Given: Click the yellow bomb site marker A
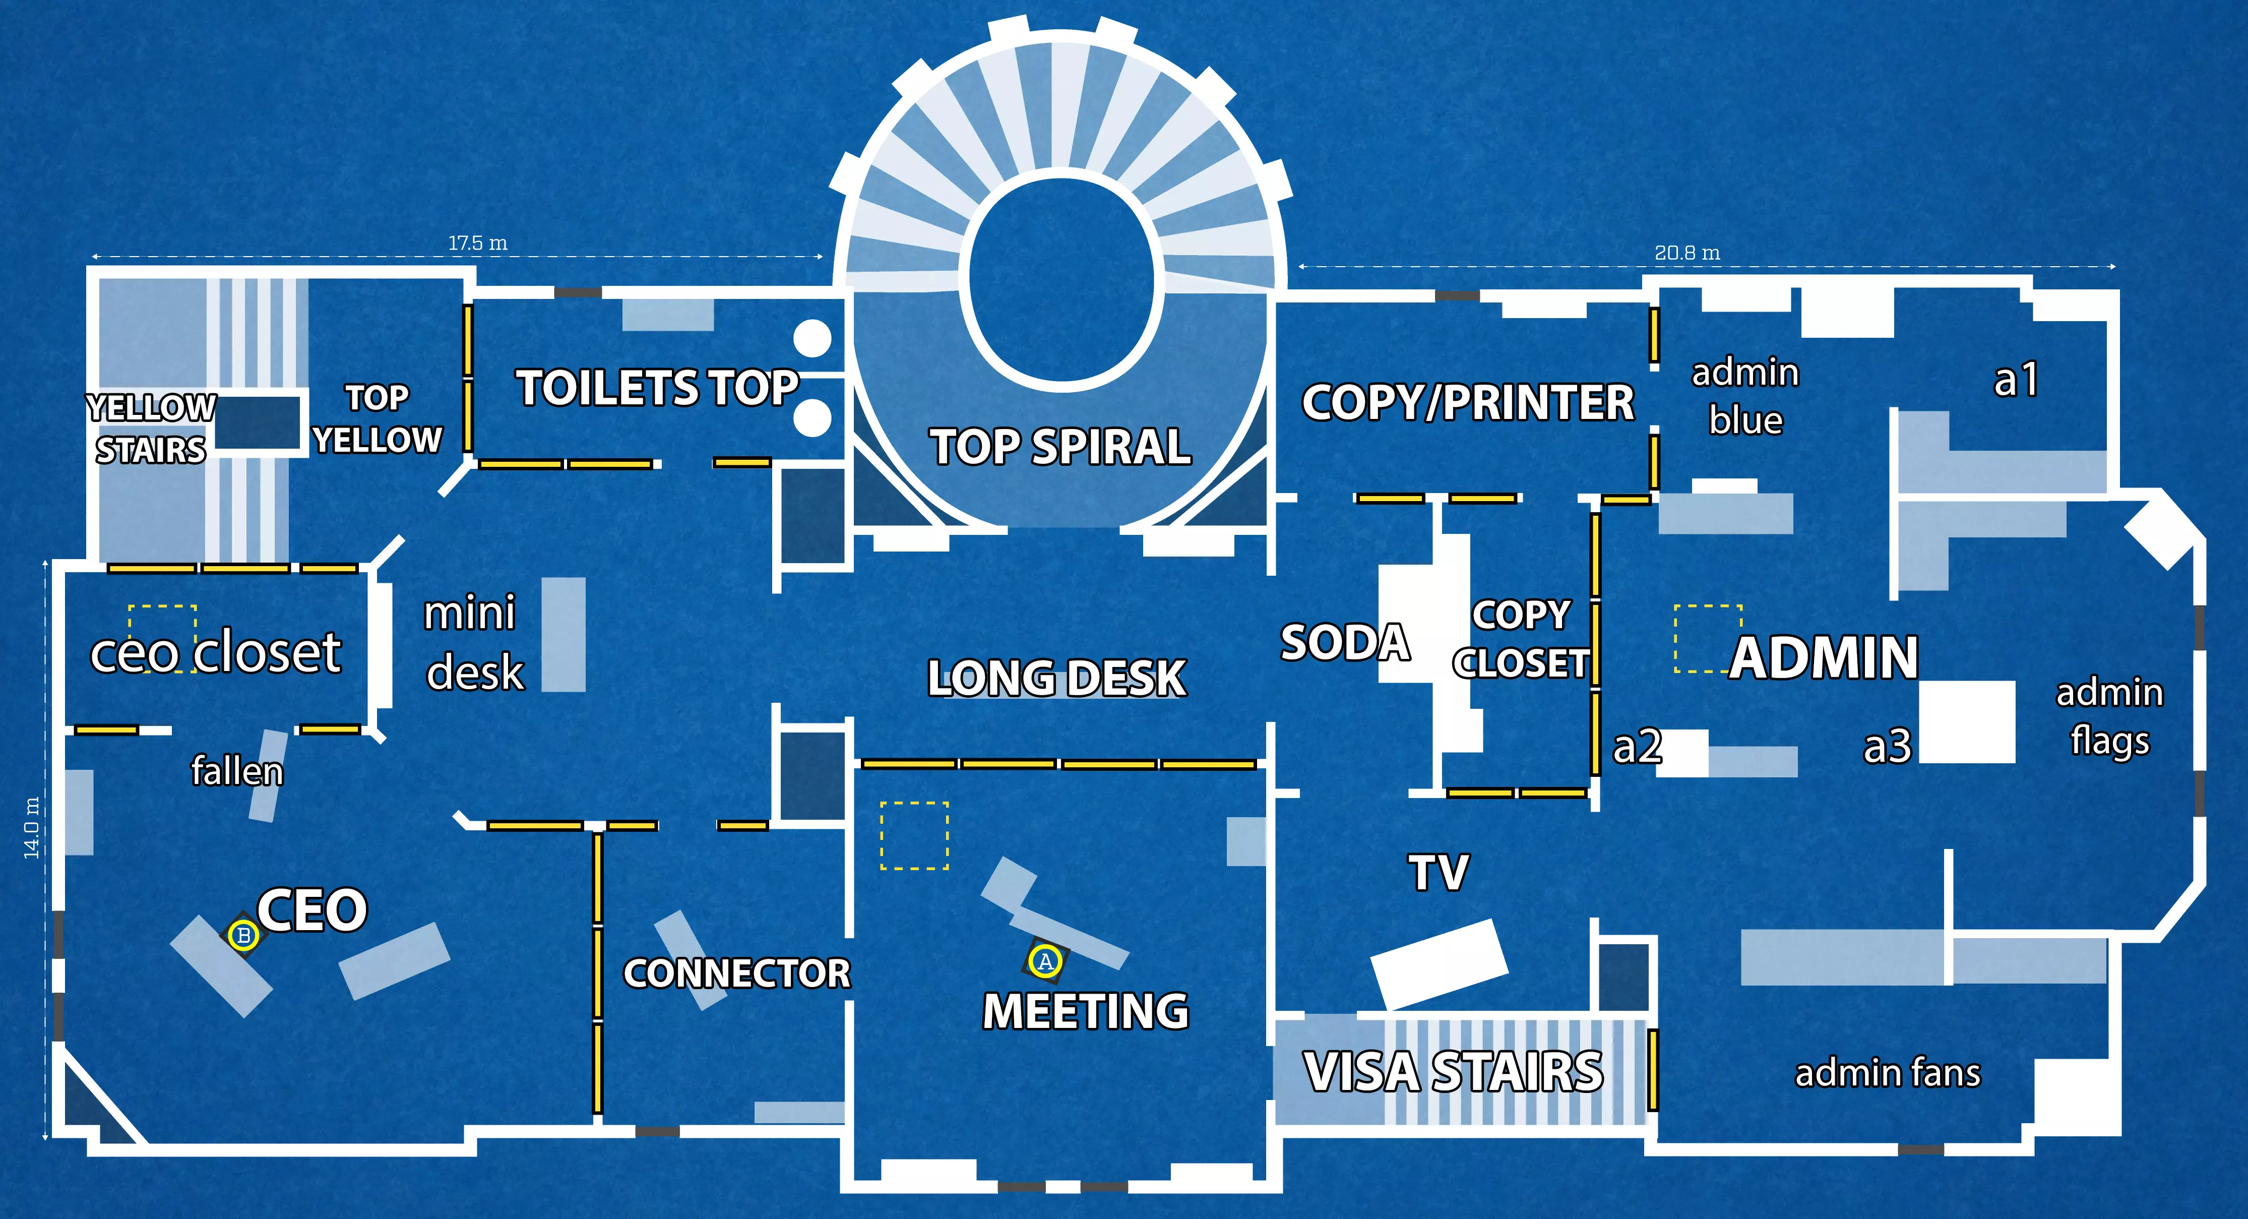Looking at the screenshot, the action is [1045, 961].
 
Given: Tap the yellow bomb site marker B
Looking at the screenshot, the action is [243, 935].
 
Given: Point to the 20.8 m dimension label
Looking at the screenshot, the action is [1687, 253].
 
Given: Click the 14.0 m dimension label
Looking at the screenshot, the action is [31, 827].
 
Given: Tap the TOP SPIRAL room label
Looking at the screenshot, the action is [1060, 447].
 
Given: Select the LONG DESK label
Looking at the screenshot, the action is [1057, 678].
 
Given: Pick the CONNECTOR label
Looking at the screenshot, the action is [736, 973].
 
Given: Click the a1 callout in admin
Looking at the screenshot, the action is [2017, 380].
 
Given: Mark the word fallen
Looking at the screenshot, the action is [237, 771].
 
